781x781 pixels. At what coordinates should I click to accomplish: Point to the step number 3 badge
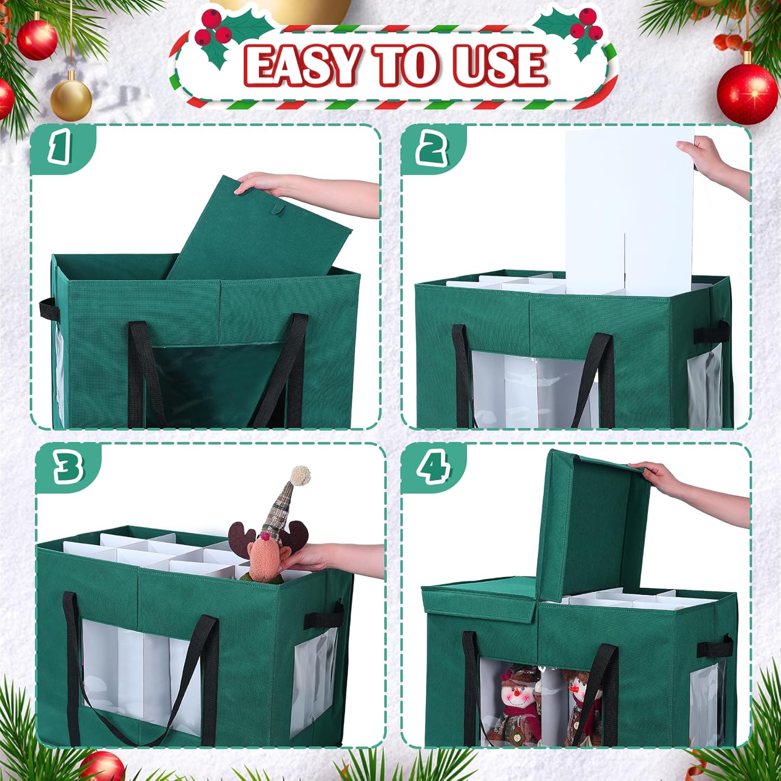coord(68,466)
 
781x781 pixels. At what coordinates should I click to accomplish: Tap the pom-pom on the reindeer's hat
coord(300,474)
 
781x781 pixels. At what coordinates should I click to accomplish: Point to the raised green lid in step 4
coord(594,526)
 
